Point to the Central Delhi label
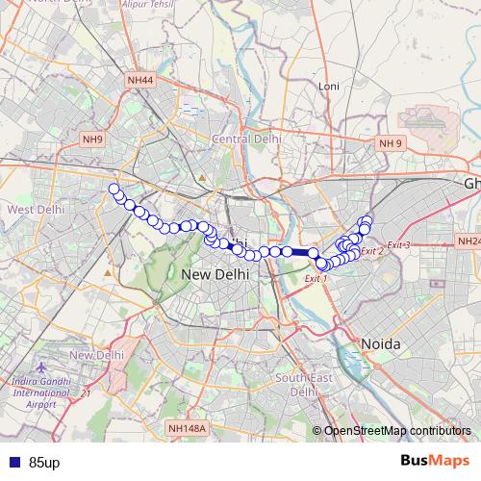click(x=245, y=140)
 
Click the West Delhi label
click(x=35, y=209)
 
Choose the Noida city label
click(x=381, y=343)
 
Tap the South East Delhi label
click(x=303, y=385)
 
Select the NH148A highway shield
click(x=187, y=427)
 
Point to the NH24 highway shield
click(x=468, y=240)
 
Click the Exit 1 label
click(x=316, y=278)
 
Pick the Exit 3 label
click(x=398, y=245)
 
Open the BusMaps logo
click(x=435, y=461)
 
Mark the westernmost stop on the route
click(x=114, y=189)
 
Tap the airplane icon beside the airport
click(x=38, y=368)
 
